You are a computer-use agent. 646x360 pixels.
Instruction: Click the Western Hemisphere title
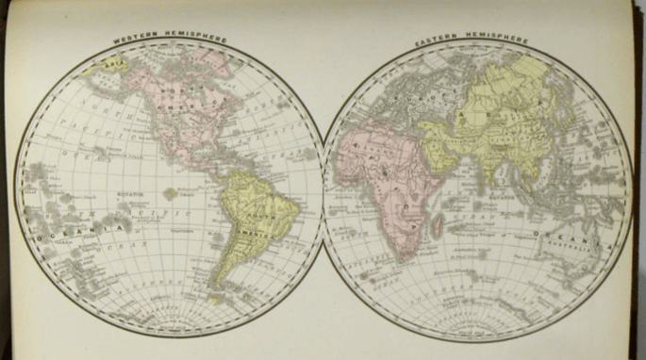170,40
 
